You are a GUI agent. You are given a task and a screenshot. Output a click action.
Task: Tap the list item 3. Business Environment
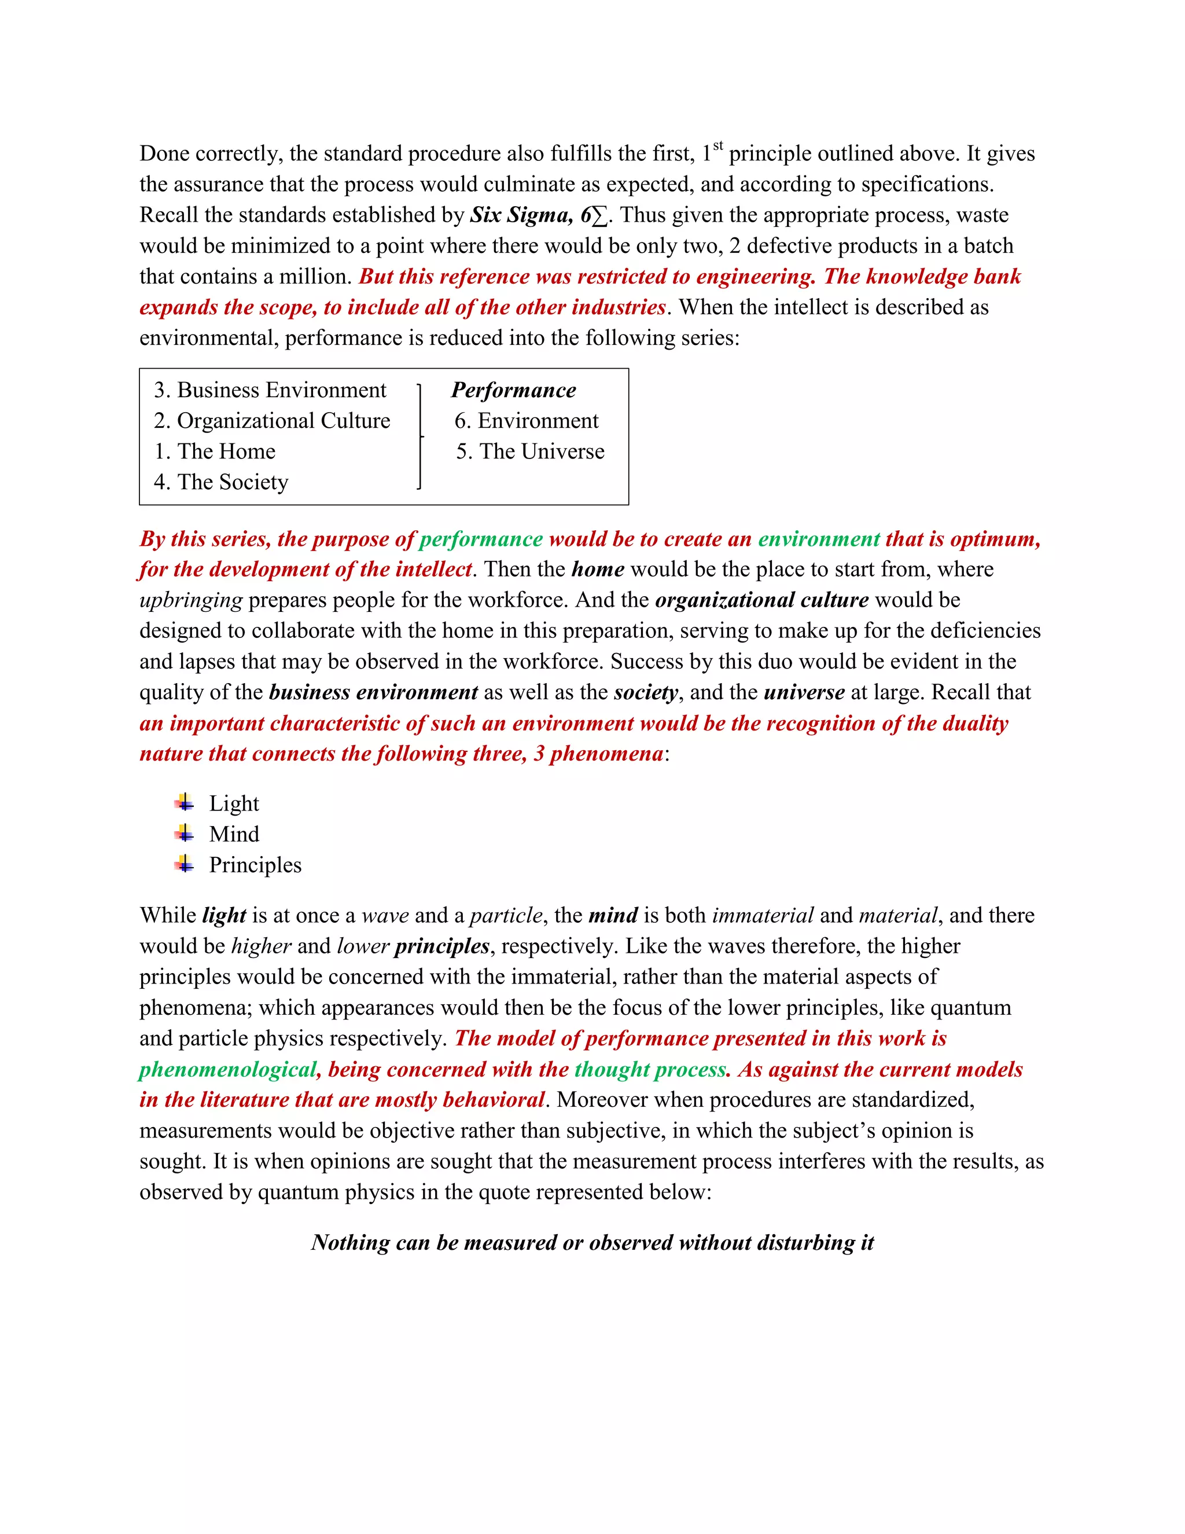pyautogui.click(x=270, y=390)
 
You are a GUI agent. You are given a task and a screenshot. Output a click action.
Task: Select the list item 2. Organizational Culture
pyautogui.click(x=272, y=421)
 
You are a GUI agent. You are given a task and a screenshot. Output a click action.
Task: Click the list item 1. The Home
pyautogui.click(x=215, y=452)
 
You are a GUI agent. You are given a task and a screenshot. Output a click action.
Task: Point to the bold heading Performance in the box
pyautogui.click(x=513, y=390)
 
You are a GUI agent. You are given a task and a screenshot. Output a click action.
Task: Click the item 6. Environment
pyautogui.click(x=527, y=421)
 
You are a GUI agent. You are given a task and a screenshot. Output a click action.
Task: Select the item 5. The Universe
pyautogui.click(x=530, y=452)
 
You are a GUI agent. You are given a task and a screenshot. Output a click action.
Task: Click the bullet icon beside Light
pyautogui.click(x=185, y=802)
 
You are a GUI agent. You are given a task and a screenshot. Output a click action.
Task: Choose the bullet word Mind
pyautogui.click(x=234, y=834)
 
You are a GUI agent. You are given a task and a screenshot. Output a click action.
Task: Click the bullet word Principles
pyautogui.click(x=255, y=865)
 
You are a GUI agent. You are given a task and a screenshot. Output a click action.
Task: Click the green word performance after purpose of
pyautogui.click(x=481, y=540)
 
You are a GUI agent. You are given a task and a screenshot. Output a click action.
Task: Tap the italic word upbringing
pyautogui.click(x=191, y=600)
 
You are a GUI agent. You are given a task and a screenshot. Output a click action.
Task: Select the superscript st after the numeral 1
pyautogui.click(x=718, y=146)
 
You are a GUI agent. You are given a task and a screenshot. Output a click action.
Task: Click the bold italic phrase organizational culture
pyautogui.click(x=761, y=600)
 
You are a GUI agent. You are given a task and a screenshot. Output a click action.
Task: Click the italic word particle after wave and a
pyautogui.click(x=506, y=916)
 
